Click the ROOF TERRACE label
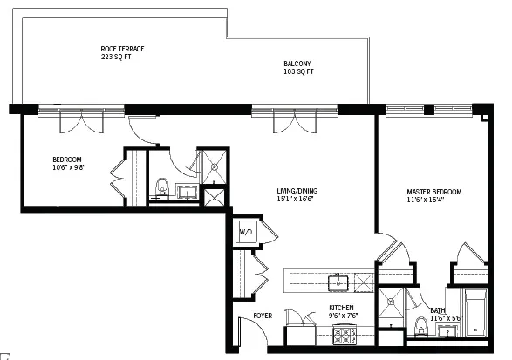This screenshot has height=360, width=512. coord(121,49)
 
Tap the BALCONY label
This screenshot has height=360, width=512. coord(297,64)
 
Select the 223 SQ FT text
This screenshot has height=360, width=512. coord(115,57)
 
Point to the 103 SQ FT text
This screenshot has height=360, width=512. coord(297,71)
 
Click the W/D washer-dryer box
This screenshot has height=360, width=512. coord(246,232)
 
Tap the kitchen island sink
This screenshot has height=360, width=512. coord(338,282)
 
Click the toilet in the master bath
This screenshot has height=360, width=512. coord(421,325)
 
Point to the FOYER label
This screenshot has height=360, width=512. coord(263,315)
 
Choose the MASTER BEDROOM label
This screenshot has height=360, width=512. coord(433,192)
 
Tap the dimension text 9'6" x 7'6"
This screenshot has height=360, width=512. coord(341,316)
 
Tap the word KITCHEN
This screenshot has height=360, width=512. coord(341,308)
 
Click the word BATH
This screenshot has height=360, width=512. coord(438,311)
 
